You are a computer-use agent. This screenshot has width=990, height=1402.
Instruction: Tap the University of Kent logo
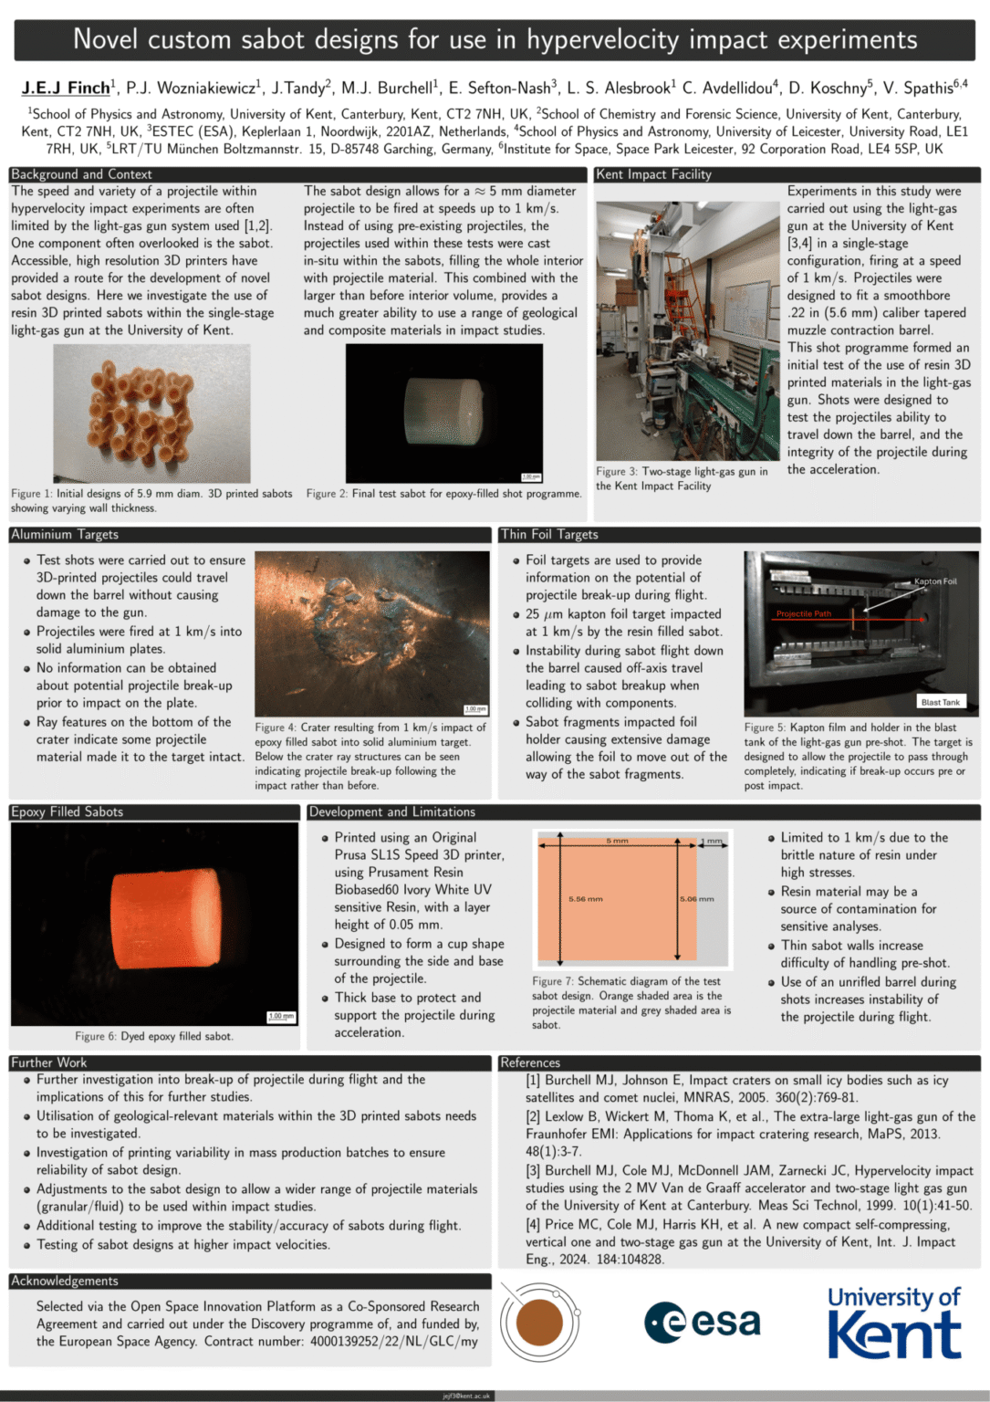pos(893,1323)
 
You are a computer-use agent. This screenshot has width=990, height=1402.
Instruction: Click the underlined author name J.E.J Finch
pos(66,88)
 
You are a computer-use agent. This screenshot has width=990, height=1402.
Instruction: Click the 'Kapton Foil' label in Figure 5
pos(935,581)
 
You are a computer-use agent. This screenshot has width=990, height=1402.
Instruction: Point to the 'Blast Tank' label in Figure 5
pos(940,702)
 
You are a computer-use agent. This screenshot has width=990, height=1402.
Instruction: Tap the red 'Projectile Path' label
pos(803,613)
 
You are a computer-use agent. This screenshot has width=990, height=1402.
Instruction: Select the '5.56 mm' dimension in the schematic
pos(585,899)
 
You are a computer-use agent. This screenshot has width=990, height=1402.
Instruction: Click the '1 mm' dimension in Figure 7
pos(712,841)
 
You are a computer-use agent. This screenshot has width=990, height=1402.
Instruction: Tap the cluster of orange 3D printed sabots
pos(140,411)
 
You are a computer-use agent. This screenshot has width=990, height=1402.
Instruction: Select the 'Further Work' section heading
pos(49,1062)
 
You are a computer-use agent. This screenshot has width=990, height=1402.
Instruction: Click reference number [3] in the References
pos(533,1170)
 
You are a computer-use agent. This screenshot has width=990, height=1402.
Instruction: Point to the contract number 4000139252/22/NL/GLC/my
pos(393,1341)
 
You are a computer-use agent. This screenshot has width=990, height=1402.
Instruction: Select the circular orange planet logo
pos(539,1322)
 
